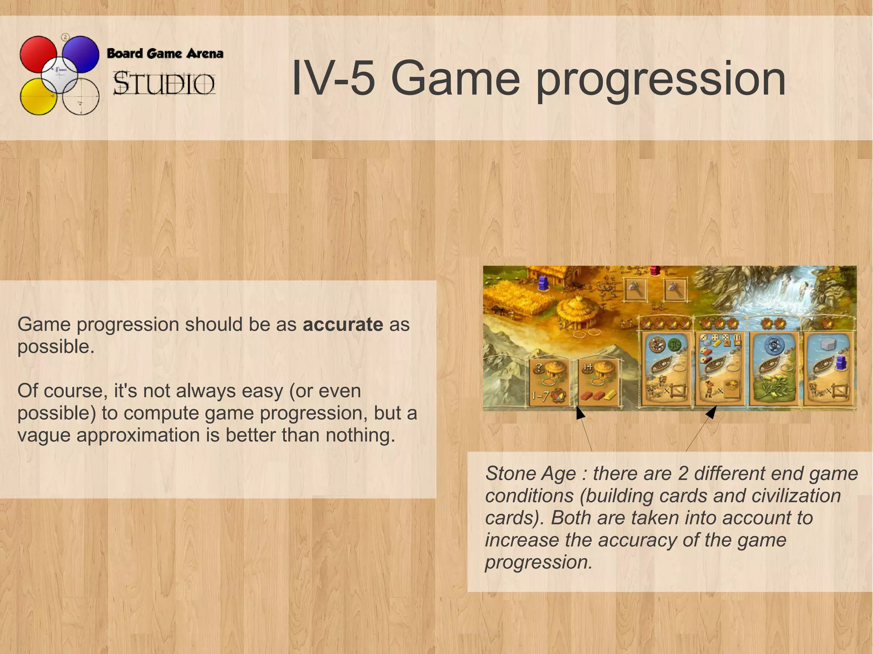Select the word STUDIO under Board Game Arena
[164, 84]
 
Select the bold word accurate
[343, 325]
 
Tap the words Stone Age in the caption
[530, 474]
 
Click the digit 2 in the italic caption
[683, 474]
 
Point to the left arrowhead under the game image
[580, 412]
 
